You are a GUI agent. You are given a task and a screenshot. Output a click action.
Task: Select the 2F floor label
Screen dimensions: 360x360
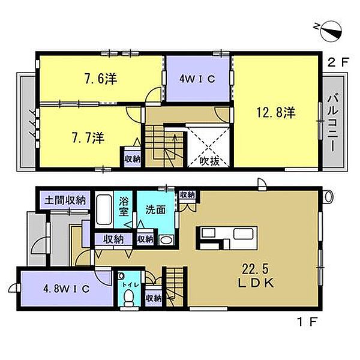334,61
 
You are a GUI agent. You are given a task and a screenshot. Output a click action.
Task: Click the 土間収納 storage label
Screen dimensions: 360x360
64,200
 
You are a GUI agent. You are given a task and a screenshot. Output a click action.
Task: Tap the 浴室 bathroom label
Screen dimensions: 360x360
125,205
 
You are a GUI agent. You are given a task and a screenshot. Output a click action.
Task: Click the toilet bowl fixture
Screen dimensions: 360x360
127,302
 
